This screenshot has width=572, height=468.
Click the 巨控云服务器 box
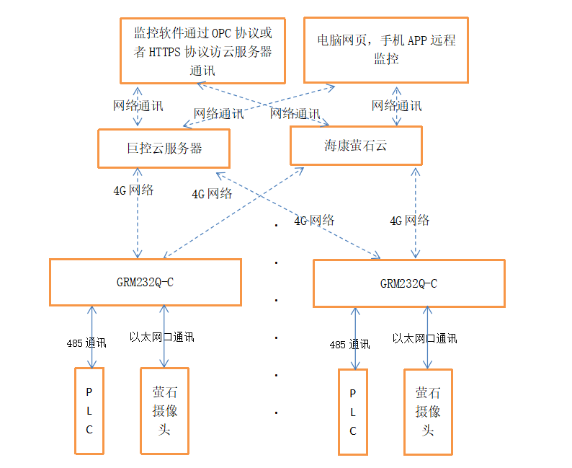click(164, 149)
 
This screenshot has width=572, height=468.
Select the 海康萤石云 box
click(355, 146)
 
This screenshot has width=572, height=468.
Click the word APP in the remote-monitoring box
click(417, 40)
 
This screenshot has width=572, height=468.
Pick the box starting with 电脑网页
click(385, 49)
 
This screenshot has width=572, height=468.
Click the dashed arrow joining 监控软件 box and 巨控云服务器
click(137, 106)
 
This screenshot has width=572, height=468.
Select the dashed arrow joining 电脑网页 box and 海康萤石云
click(396, 107)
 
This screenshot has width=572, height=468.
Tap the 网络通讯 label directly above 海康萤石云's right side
click(396, 106)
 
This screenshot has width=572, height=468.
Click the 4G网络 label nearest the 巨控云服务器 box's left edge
click(133, 190)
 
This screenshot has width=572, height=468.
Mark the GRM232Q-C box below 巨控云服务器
click(145, 282)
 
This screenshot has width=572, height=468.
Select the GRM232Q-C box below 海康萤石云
click(408, 283)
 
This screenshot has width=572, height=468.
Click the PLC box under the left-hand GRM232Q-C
click(89, 410)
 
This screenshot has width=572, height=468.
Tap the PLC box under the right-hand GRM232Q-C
click(353, 412)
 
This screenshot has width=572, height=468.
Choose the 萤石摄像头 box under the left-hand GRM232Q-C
click(164, 410)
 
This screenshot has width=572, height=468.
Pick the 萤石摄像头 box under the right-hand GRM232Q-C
click(428, 412)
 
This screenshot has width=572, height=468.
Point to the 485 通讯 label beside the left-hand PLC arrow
click(86, 344)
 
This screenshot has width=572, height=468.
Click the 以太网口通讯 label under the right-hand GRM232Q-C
click(424, 338)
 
